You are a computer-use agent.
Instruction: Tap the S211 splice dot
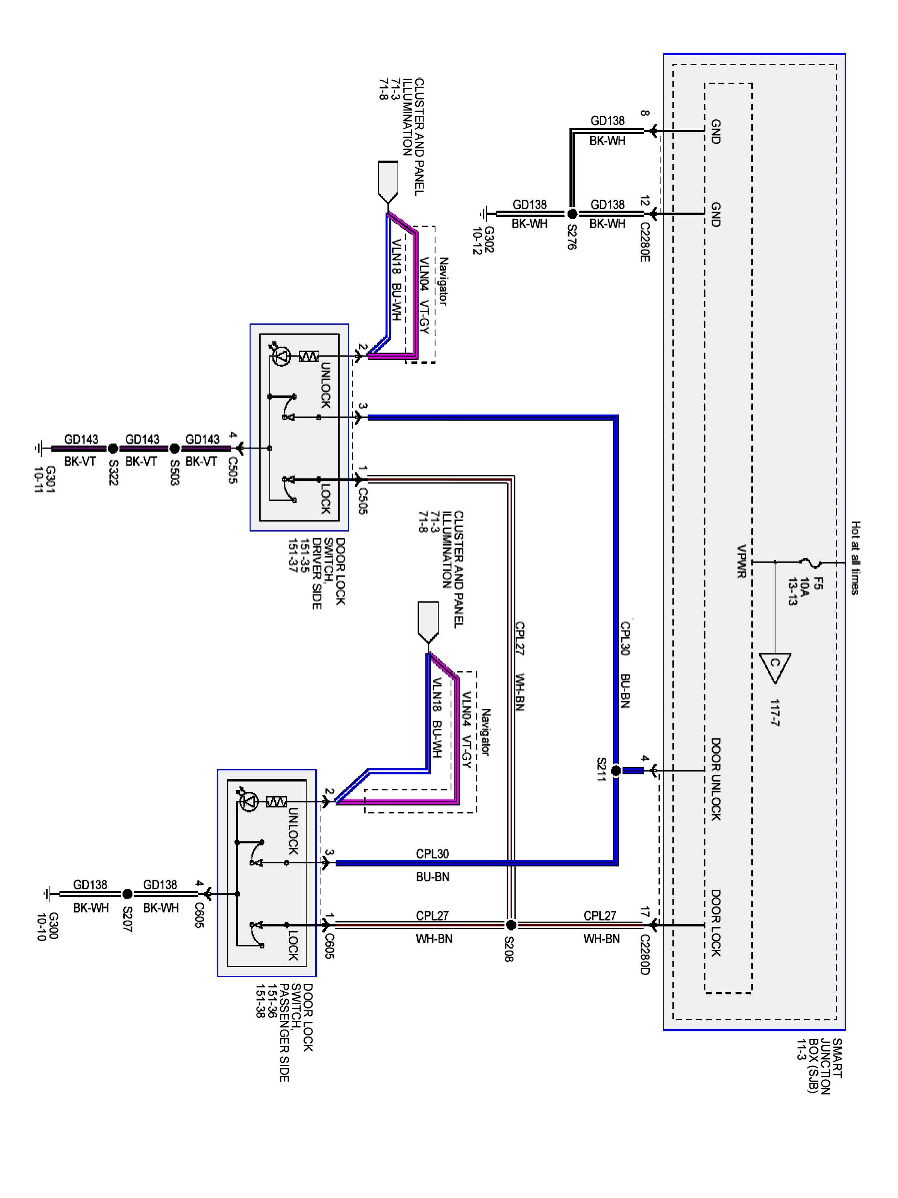pos(616,771)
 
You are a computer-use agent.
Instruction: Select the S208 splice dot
pos(510,925)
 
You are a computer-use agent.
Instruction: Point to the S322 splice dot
pos(113,448)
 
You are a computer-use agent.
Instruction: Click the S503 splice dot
pos(174,448)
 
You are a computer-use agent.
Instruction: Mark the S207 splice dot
pos(127,894)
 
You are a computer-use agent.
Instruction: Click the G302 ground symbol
pos(485,214)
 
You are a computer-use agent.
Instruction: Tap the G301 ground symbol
pos(38,448)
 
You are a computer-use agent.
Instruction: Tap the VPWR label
pos(741,561)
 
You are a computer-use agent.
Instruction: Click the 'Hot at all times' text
pos(855,558)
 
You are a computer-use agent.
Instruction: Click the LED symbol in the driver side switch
pos(281,356)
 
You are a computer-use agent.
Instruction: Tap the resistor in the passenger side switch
pos(277,801)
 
